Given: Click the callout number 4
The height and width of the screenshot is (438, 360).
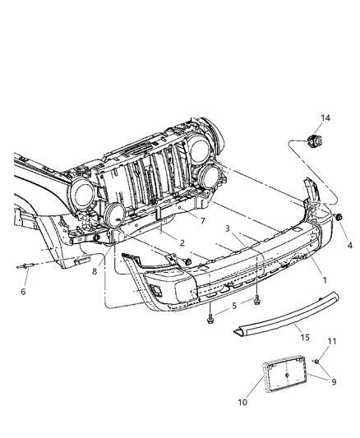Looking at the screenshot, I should (233, 306).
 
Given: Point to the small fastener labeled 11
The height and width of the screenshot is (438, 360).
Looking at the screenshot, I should (314, 362).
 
